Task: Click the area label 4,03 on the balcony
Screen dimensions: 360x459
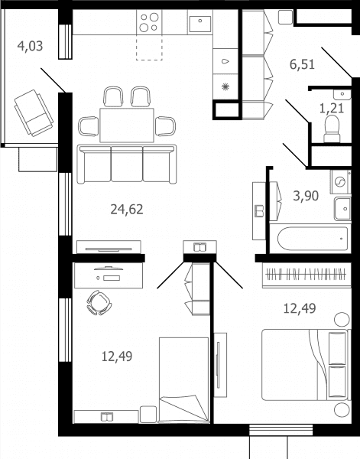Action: point(30,46)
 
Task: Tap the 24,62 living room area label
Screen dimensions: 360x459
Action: point(127,210)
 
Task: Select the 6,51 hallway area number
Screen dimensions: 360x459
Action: point(302,64)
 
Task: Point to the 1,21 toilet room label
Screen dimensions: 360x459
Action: point(332,109)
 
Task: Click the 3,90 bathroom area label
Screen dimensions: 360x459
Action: point(306,196)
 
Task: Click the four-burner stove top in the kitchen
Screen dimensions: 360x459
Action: point(149,22)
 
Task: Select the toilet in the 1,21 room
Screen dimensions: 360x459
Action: point(332,129)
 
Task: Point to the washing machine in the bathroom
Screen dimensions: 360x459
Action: point(340,182)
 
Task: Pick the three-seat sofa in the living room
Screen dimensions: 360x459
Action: point(127,164)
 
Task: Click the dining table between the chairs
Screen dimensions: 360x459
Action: point(127,125)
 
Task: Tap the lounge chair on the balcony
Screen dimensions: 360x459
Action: point(34,113)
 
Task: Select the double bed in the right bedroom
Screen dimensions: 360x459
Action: point(306,365)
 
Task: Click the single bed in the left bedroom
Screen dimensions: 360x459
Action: point(184,380)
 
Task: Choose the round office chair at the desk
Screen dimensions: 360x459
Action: point(99,303)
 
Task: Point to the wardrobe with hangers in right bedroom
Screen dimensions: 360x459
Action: point(306,275)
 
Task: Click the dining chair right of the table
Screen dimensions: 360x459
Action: point(165,126)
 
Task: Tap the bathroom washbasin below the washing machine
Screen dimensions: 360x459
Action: point(342,209)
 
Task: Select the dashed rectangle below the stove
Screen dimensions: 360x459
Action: point(149,47)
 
